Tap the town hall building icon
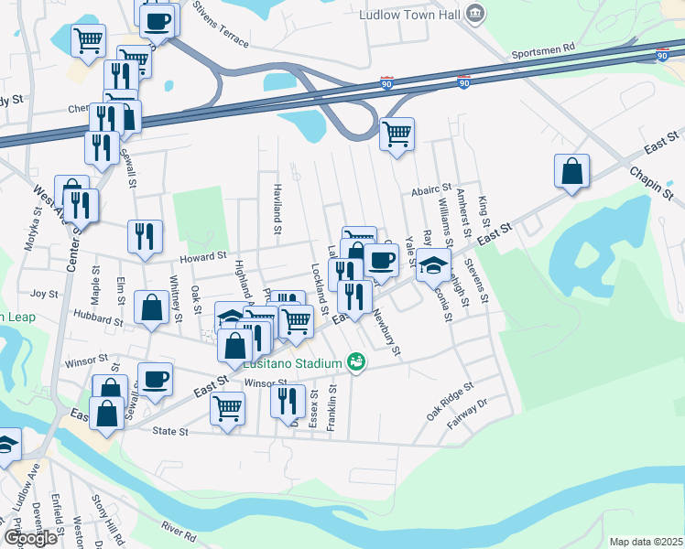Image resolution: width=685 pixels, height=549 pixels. (474, 13)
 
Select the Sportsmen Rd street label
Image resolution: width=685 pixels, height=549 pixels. (543, 48)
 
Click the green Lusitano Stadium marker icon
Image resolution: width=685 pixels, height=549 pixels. (357, 363)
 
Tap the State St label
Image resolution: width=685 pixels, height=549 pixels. (169, 430)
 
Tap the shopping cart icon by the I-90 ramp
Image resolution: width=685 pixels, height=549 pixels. (397, 133)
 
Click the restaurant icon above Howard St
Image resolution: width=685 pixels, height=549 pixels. (145, 236)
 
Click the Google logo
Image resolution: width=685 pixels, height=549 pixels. (30, 538)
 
